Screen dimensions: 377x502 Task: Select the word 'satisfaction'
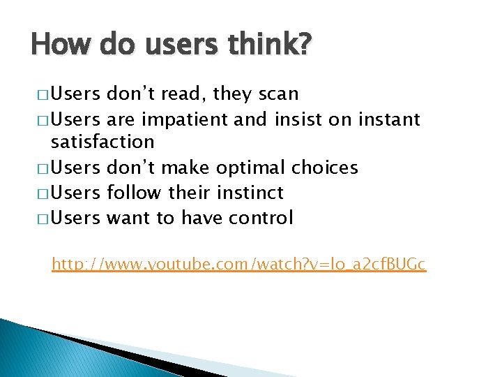pos(102,142)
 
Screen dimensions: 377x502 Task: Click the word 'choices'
pos(326,168)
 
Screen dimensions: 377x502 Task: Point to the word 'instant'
pos(389,120)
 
